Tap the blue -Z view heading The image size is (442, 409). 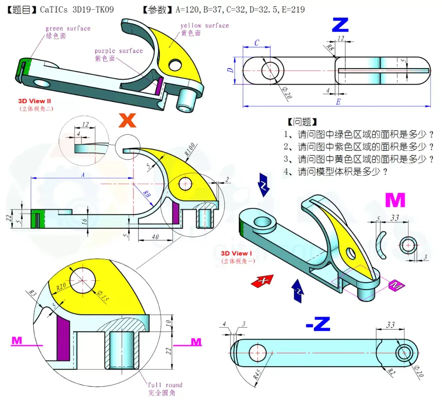pos(318,324)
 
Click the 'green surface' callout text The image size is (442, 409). pos(68,28)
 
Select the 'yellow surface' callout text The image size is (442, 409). pos(205,25)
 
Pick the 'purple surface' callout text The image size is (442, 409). pos(119,51)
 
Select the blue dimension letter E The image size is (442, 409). pos(338,102)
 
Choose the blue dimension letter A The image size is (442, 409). pos(83,175)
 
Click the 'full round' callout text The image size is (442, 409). pos(165,385)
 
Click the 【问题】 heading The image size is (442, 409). pos(302,122)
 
